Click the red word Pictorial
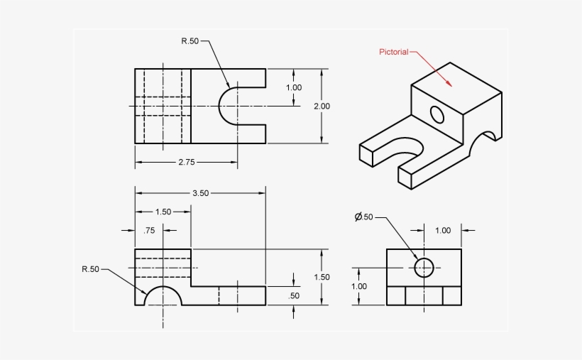tap(393, 52)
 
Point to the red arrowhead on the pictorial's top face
tap(449, 82)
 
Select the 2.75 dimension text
tap(186, 162)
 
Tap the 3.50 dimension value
tap(200, 192)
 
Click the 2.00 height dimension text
tap(322, 106)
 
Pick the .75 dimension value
tap(149, 230)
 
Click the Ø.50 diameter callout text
tap(363, 217)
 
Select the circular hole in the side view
tap(424, 267)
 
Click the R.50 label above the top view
tap(190, 40)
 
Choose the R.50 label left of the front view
tap(90, 269)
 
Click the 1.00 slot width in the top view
tap(293, 87)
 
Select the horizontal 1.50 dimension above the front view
tap(163, 212)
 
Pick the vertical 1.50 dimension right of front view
tap(322, 277)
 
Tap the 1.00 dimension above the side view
tap(442, 230)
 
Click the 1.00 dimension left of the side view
tap(358, 286)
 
